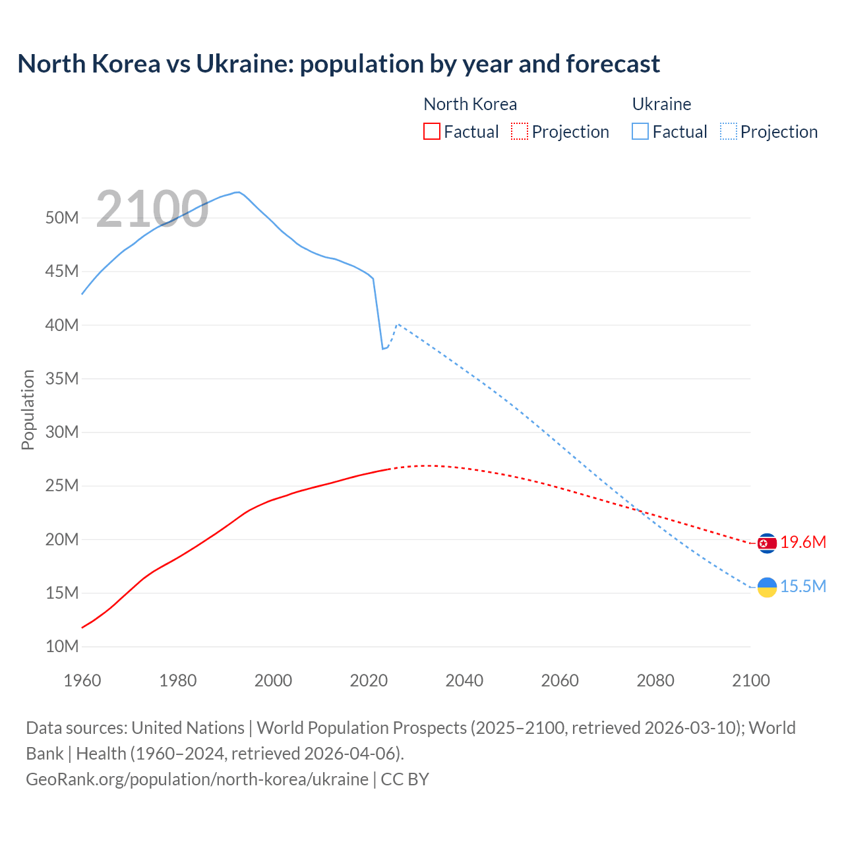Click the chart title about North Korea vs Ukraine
tap(338, 64)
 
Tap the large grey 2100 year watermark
tap(152, 209)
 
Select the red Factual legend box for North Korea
tap(432, 131)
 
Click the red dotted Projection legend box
tap(520, 131)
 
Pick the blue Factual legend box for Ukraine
tap(640, 131)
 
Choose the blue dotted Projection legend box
tap(729, 131)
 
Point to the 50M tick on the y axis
tap(62, 218)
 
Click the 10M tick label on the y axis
tap(62, 646)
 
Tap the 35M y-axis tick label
tap(62, 378)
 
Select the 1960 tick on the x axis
tap(82, 680)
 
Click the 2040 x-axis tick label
tap(464, 680)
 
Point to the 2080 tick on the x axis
tap(655, 680)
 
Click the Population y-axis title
tap(28, 409)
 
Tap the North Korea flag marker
tap(767, 543)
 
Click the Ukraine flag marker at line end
tap(767, 587)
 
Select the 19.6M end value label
tap(803, 543)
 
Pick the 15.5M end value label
tap(803, 587)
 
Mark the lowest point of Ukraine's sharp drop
tap(382, 349)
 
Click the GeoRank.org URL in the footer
tap(196, 779)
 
